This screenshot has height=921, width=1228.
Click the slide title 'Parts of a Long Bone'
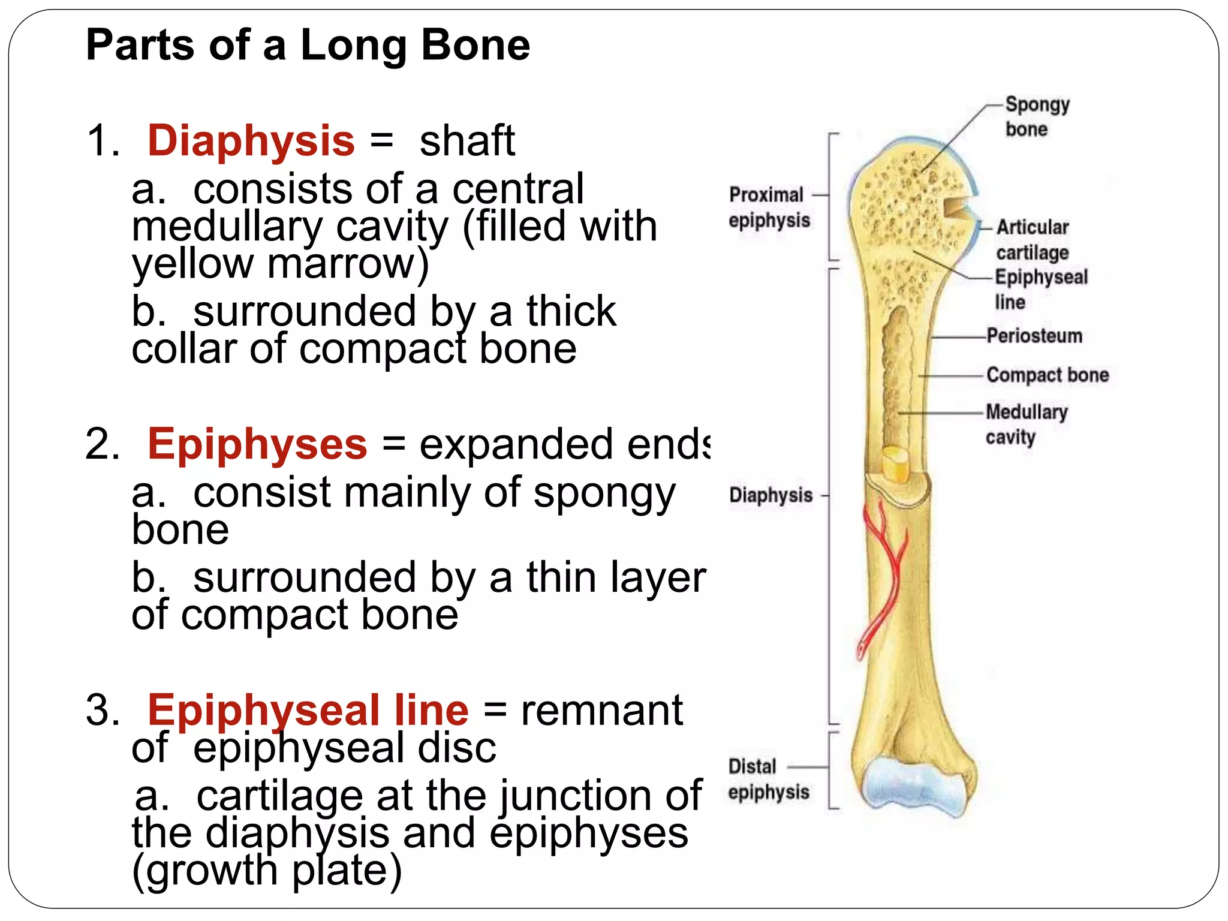point(308,46)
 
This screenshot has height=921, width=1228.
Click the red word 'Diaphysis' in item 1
point(251,142)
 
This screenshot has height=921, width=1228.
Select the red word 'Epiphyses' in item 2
point(257,445)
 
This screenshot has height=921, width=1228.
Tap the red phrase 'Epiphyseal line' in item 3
point(308,711)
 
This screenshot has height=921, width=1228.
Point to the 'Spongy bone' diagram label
point(1036,116)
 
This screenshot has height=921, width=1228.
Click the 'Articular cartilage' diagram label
point(1032,240)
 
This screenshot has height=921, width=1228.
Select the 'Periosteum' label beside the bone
point(1034,336)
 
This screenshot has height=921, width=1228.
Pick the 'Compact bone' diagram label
point(1048,375)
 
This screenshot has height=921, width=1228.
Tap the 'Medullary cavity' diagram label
point(1026,425)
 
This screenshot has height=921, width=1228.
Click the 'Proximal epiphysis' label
point(769,207)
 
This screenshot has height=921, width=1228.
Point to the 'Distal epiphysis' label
point(768,779)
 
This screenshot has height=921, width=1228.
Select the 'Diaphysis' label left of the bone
point(770,495)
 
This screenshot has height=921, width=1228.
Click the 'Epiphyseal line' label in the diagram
point(1040,289)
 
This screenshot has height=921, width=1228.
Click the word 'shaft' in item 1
point(467,142)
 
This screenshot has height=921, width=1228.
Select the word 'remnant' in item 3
point(601,711)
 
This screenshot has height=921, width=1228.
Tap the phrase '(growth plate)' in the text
point(267,871)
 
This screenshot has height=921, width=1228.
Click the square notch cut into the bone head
point(955,207)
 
